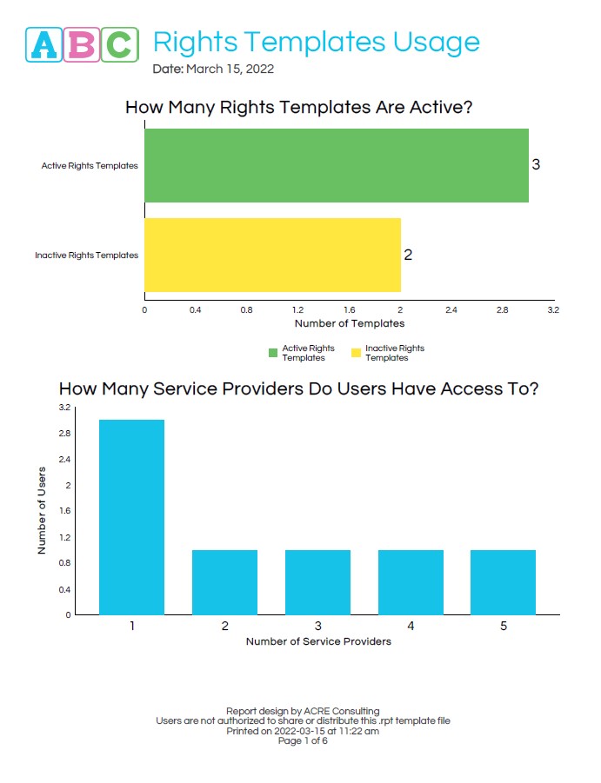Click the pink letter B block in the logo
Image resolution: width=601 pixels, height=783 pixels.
(83, 43)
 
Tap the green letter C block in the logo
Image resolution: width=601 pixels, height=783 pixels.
(120, 43)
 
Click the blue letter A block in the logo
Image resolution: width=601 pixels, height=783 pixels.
(45, 43)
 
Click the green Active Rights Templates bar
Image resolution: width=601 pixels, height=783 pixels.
(336, 165)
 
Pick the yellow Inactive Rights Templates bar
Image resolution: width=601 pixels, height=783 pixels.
(272, 255)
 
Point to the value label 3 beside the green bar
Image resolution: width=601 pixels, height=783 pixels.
(536, 164)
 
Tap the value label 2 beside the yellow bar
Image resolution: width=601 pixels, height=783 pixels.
(408, 255)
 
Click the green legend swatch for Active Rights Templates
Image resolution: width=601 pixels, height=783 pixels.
(272, 353)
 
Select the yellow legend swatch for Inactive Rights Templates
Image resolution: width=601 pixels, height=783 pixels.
(355, 353)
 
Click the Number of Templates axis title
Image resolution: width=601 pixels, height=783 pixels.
(350, 323)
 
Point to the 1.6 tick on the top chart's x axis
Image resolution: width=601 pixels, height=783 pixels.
(349, 309)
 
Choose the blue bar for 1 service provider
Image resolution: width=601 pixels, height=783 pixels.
(131, 517)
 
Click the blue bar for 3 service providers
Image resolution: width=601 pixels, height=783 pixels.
(317, 582)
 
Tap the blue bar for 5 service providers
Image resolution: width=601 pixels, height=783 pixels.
(503, 582)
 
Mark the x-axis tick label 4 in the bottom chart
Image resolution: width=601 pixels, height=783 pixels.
(411, 626)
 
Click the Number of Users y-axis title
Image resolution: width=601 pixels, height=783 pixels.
(42, 511)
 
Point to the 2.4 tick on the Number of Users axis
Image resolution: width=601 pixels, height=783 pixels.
(64, 459)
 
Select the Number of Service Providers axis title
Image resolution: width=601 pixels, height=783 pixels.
(318, 641)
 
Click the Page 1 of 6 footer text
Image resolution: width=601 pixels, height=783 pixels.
(303, 741)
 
